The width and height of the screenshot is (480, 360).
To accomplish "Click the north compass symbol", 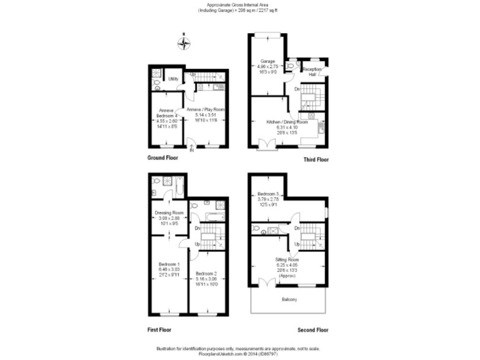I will click(x=183, y=43).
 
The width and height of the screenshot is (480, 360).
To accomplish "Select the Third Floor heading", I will click(x=316, y=159).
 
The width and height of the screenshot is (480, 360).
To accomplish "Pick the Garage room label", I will click(x=268, y=61).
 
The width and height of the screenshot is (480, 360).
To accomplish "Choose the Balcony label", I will click(x=288, y=300).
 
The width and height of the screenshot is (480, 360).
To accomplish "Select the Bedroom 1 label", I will click(x=169, y=264).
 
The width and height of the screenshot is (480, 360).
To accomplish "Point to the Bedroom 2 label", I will click(x=206, y=274).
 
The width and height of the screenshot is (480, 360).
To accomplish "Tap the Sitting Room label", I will click(x=287, y=259).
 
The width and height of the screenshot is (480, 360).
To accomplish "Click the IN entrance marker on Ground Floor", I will click(x=192, y=150).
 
